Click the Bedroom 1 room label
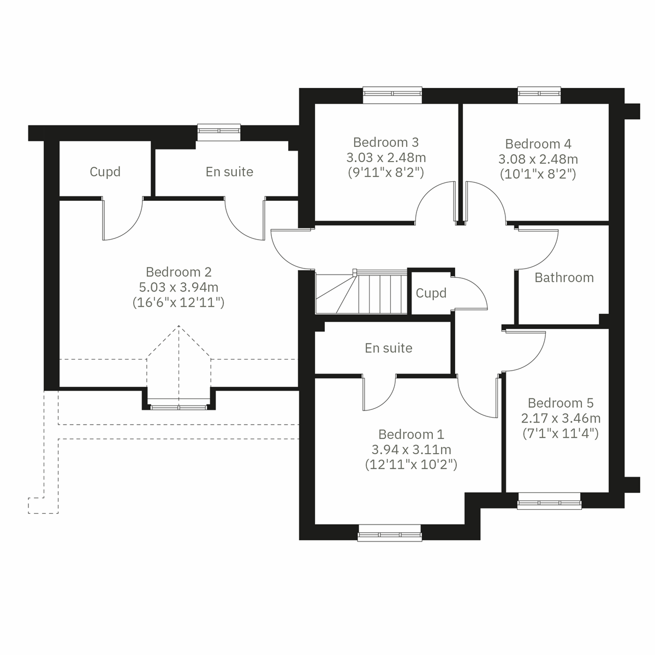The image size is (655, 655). (x=410, y=434)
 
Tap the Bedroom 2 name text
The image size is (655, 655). (x=178, y=272)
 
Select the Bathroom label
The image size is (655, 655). (x=564, y=278)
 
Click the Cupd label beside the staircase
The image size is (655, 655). (x=431, y=294)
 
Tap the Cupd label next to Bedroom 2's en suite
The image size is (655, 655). (x=105, y=172)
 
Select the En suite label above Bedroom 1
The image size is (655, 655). (x=389, y=348)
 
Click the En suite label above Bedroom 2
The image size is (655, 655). (x=229, y=172)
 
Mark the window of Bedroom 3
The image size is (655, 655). (x=392, y=94)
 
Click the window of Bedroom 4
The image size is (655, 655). (x=539, y=94)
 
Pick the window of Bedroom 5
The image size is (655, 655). (x=549, y=501)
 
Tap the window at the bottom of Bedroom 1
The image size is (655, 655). (x=389, y=533)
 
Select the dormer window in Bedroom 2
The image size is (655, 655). (x=178, y=406)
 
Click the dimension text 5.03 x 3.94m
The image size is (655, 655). (x=178, y=287)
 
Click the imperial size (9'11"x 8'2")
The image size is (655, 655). (x=386, y=173)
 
